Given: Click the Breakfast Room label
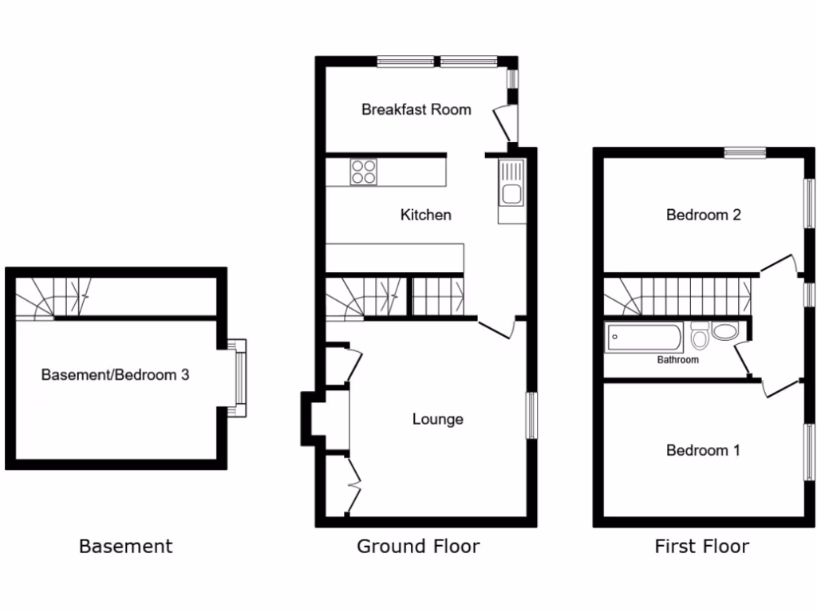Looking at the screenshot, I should (416, 109).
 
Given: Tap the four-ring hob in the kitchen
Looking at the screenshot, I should (363, 172).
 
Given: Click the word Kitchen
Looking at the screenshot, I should (425, 215).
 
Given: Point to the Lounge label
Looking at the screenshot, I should (437, 419).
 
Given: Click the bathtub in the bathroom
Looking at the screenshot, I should (645, 338).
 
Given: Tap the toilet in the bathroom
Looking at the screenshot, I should (700, 337).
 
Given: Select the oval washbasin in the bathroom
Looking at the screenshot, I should (726, 332).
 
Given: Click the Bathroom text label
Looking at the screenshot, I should (677, 360).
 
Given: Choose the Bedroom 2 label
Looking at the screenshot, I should (703, 215).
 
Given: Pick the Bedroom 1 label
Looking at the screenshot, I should (703, 451).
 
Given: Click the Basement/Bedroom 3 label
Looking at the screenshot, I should (115, 374).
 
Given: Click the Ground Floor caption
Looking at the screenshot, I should (418, 547).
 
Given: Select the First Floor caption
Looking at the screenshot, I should (701, 547).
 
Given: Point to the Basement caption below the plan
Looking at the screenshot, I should (125, 547).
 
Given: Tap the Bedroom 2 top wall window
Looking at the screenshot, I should (745, 152).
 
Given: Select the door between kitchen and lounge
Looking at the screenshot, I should (496, 328).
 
